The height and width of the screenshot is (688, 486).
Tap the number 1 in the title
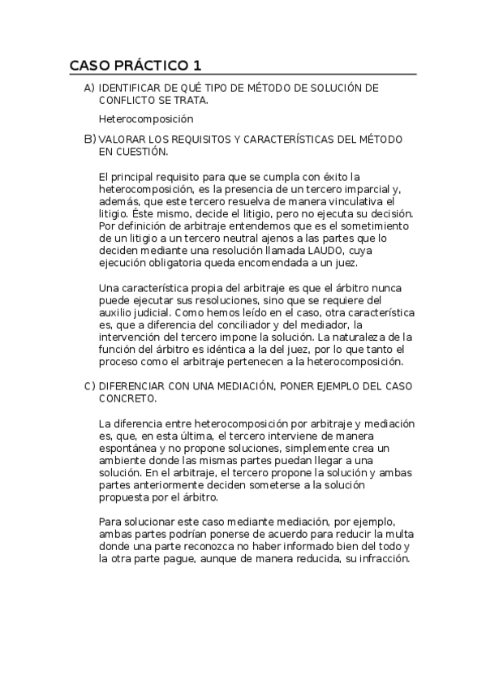point(197,65)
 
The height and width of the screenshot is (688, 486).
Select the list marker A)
point(89,88)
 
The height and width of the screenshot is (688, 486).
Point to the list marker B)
point(89,140)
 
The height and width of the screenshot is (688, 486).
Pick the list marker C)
point(89,387)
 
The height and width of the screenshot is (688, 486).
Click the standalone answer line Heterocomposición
point(140,119)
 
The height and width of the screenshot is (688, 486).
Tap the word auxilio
point(115,312)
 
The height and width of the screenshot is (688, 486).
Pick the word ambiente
point(122,461)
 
